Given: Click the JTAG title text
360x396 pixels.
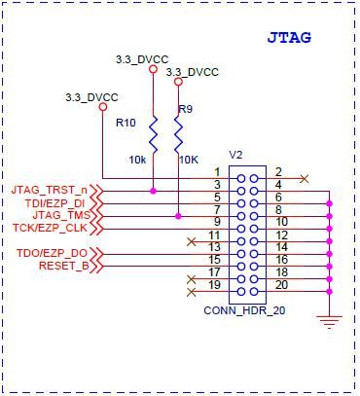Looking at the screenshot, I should coord(290,38).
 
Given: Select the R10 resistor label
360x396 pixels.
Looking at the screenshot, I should coord(126,123).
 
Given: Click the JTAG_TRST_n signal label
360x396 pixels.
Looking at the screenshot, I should coord(49,188).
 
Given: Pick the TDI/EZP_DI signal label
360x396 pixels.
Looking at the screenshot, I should coord(54,201).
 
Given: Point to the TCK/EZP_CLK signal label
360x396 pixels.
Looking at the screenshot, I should coord(52,229).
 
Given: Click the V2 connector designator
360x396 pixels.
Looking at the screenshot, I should coord(235,155).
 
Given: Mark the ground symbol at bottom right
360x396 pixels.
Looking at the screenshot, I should coord(331,322).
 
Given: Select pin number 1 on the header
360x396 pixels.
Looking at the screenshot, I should coord(218,172).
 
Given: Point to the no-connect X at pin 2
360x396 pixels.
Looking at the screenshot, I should coord(306,178).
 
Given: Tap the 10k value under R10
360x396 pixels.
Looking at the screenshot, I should coord(136,159).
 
